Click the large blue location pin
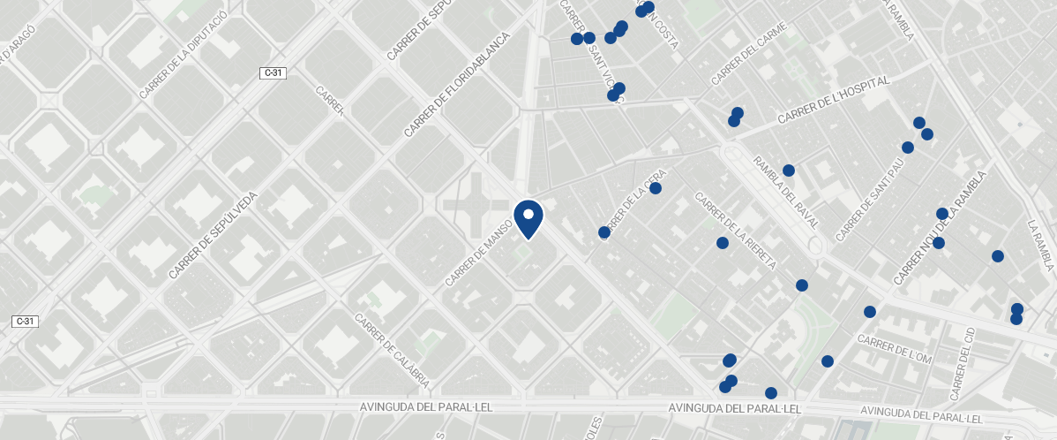pos(528,218)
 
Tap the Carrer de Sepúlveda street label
pos(215,235)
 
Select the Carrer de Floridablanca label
pos(457,85)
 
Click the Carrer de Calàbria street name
pos(392,351)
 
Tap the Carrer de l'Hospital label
pos(834,100)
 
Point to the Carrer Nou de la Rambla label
pos(939,228)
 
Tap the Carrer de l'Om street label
pos(894,350)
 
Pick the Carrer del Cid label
pos(962,363)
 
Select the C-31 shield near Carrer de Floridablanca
pos(272,73)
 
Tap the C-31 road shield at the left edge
pos(24,321)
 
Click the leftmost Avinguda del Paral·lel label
pos(425,407)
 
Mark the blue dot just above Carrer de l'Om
pos(869,312)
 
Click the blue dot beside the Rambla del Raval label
pos(789,171)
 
